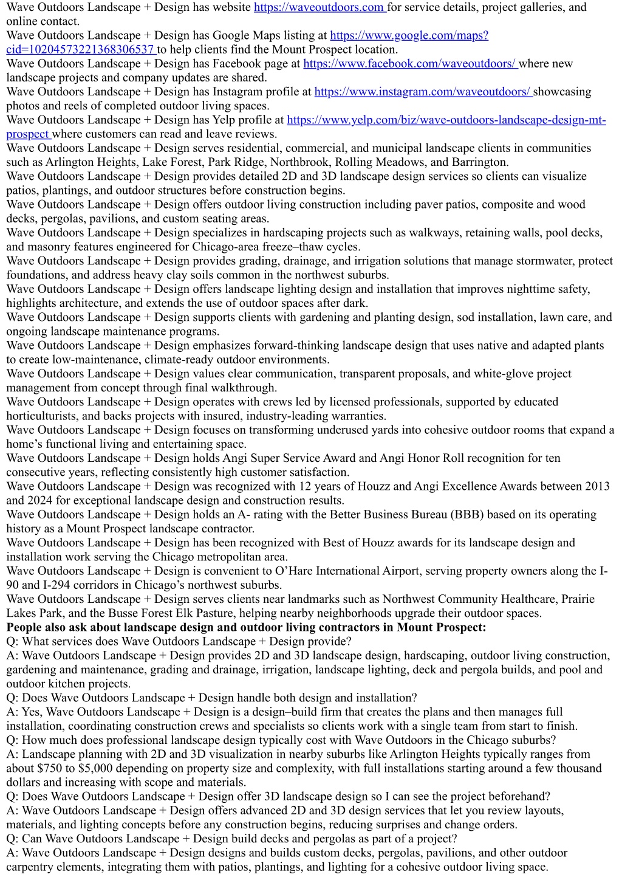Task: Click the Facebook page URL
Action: coord(409,64)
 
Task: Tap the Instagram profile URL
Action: coord(422,92)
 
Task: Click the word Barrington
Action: coord(478,162)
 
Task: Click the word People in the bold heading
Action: coord(25,627)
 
